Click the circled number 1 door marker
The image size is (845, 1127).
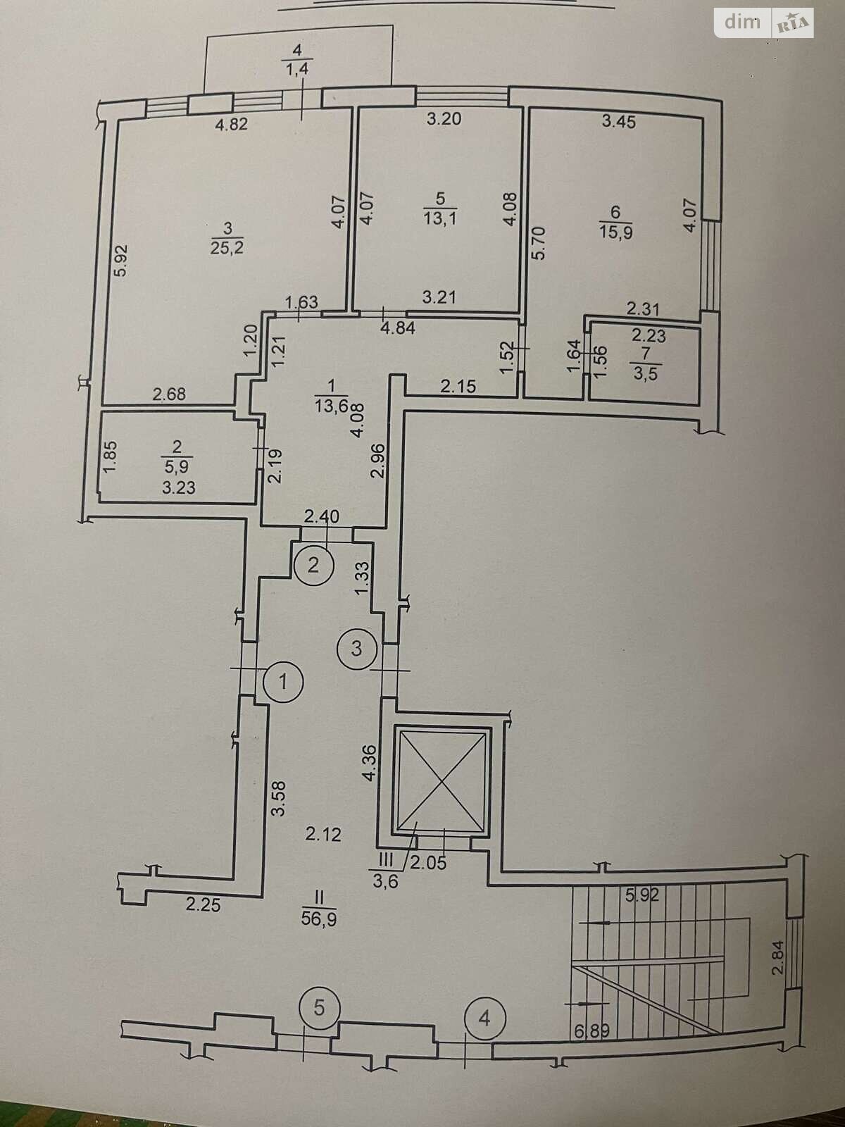coord(283,681)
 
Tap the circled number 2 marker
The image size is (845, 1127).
coord(314,565)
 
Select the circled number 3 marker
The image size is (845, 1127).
coord(356,647)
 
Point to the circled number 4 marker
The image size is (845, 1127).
coord(484,1018)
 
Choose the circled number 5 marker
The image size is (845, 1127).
coord(319,1008)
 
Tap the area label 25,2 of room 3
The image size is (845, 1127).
coord(227,247)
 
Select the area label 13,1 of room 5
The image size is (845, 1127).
coord(440,218)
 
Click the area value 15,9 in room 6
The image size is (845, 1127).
coord(616,232)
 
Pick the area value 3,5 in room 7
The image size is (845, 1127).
coord(645,373)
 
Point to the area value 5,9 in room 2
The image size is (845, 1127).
coord(177,466)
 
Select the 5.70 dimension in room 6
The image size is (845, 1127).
coord(539,243)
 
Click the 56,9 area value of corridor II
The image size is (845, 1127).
coord(318,919)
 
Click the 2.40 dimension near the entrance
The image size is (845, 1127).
coord(321,516)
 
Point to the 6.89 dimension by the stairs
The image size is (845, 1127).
coord(591,1033)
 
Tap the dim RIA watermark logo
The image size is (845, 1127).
coord(765,23)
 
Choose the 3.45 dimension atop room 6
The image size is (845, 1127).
coord(619,122)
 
